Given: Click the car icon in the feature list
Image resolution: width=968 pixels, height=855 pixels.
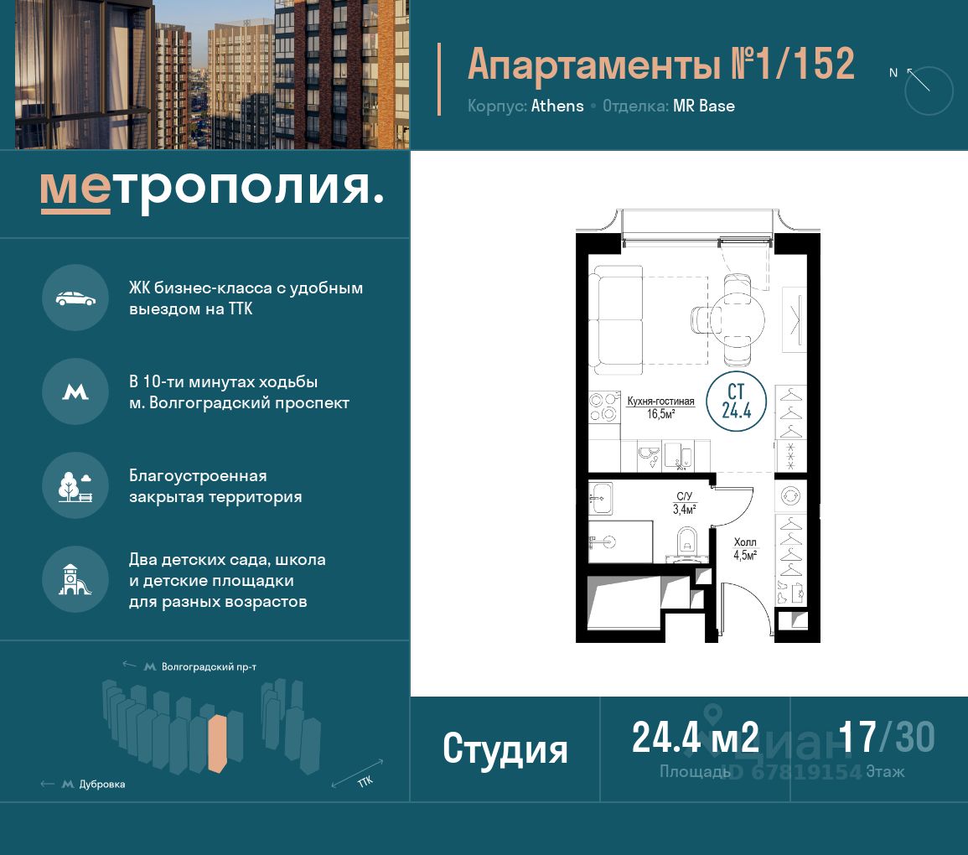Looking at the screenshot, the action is pyautogui.click(x=75, y=298).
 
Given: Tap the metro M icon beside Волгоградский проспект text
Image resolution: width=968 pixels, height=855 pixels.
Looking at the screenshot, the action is pyautogui.click(x=75, y=392).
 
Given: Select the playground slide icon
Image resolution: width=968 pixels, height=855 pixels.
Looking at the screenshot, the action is pyautogui.click(x=75, y=580).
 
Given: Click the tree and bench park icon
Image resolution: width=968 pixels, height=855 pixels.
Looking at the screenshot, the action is pyautogui.click(x=75, y=486).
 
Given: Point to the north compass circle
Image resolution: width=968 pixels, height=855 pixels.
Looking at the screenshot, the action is pyautogui.click(x=929, y=91).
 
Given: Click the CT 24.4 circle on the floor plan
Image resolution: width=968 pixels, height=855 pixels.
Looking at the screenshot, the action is pyautogui.click(x=736, y=402).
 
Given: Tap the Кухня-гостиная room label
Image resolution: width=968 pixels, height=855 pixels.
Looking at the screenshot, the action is pyautogui.click(x=660, y=402).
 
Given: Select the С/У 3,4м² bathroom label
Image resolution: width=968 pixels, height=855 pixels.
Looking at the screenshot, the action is pyautogui.click(x=684, y=503).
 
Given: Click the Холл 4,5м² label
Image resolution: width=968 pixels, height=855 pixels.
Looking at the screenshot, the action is pyautogui.click(x=745, y=549).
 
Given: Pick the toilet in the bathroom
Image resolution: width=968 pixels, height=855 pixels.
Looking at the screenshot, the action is pyautogui.click(x=686, y=543).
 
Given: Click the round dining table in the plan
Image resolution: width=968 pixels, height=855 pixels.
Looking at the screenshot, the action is pyautogui.click(x=738, y=319).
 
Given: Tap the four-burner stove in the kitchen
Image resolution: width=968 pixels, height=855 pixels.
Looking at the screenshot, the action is pyautogui.click(x=603, y=407).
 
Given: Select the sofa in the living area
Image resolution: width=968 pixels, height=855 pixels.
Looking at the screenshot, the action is pyautogui.click(x=616, y=319).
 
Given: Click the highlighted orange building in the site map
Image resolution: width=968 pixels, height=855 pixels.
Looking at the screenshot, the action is pyautogui.click(x=217, y=744).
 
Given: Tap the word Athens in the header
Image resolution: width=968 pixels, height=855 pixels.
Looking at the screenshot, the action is pyautogui.click(x=556, y=106).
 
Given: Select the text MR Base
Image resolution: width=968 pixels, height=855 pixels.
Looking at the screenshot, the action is pyautogui.click(x=704, y=106).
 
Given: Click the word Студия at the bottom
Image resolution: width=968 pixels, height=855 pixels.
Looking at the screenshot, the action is pyautogui.click(x=505, y=749).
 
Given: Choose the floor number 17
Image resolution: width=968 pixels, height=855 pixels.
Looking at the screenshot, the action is pyautogui.click(x=857, y=737).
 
